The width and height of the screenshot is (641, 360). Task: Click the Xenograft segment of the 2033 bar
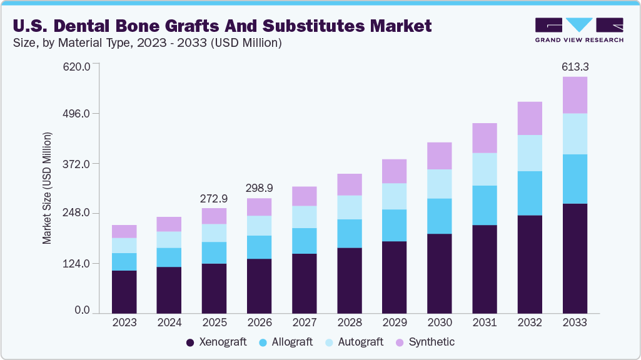(x=574, y=258)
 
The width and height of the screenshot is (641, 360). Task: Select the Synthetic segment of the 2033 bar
(x=574, y=95)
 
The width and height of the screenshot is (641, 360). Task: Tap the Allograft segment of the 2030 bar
(x=439, y=216)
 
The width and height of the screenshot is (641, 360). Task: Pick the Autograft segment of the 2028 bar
(x=349, y=207)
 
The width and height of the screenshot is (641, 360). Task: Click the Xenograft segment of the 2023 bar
(x=124, y=291)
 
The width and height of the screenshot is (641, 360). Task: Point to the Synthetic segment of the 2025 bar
(x=215, y=216)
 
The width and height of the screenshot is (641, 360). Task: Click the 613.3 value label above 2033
(x=574, y=66)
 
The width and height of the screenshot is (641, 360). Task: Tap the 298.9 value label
(x=260, y=188)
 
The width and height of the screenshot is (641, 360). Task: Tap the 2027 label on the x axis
(x=305, y=322)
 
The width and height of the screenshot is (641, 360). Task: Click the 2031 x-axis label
(x=485, y=322)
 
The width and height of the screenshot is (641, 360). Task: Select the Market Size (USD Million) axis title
(x=48, y=188)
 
